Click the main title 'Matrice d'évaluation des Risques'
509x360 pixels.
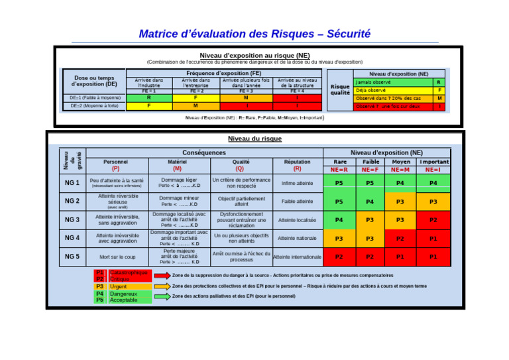point(254,33)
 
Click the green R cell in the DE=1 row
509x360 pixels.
point(148,97)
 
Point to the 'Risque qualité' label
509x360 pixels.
point(340,90)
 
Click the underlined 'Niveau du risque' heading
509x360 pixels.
point(254,139)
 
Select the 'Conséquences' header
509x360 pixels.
point(204,152)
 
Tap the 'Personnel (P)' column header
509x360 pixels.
point(116,165)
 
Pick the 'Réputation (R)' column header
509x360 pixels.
point(297,165)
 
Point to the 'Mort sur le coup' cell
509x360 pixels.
point(117,257)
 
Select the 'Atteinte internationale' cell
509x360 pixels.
point(297,257)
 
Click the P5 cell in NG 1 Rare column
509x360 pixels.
point(339,183)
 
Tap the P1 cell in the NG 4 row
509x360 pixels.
point(433,238)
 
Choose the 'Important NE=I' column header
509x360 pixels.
point(433,165)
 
